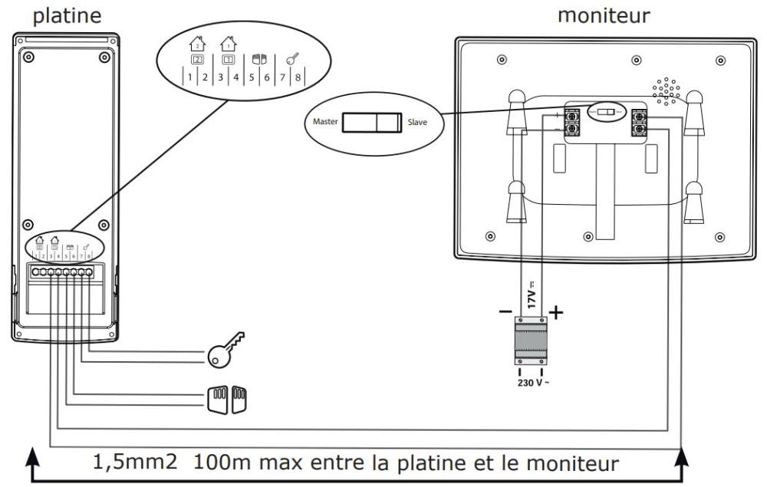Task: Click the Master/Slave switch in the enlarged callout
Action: (x=371, y=123)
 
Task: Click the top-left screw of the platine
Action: (x=28, y=58)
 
